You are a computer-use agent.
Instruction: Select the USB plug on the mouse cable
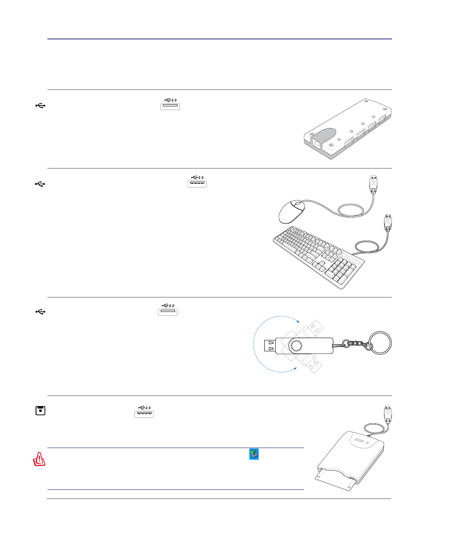pos(374,184)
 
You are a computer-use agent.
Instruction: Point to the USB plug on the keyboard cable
pos(388,222)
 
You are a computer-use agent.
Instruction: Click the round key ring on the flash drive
pos(380,343)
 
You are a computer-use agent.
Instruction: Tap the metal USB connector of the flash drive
pos(270,345)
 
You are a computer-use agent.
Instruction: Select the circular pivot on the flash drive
pos(296,345)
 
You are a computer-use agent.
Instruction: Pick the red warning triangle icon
pos(39,459)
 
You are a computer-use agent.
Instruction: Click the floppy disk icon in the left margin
pos(40,410)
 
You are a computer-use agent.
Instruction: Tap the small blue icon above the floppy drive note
pos(254,454)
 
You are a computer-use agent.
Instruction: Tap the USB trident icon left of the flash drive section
pos(40,312)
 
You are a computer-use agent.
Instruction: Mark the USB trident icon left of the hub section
pos(40,106)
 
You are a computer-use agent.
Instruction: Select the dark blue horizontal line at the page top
pos(219,39)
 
